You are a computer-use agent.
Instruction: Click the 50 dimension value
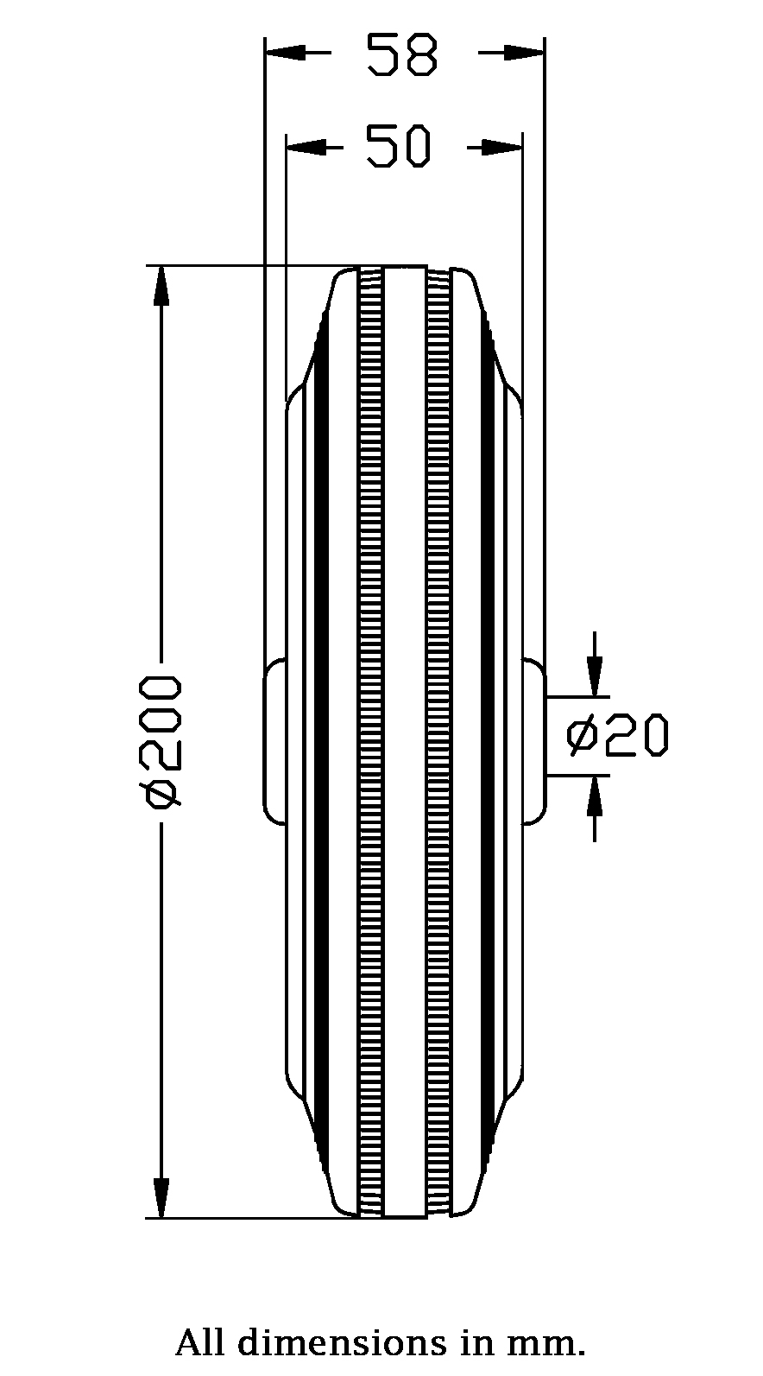tap(398, 147)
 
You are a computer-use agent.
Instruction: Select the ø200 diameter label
tap(163, 742)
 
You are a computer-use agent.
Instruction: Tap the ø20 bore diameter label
tap(618, 735)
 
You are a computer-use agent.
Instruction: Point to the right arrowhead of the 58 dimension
tap(525, 54)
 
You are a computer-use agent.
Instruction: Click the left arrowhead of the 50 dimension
tap(306, 148)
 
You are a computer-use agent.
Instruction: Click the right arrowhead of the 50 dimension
tap(502, 148)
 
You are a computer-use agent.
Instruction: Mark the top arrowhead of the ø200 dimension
tap(161, 287)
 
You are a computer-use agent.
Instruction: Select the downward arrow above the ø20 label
tap(594, 674)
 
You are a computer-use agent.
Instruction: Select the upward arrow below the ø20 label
tap(594, 798)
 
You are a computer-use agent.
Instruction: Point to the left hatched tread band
tap(370, 743)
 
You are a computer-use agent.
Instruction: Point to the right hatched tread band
tap(438, 743)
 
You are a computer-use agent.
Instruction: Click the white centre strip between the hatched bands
tap(404, 743)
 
